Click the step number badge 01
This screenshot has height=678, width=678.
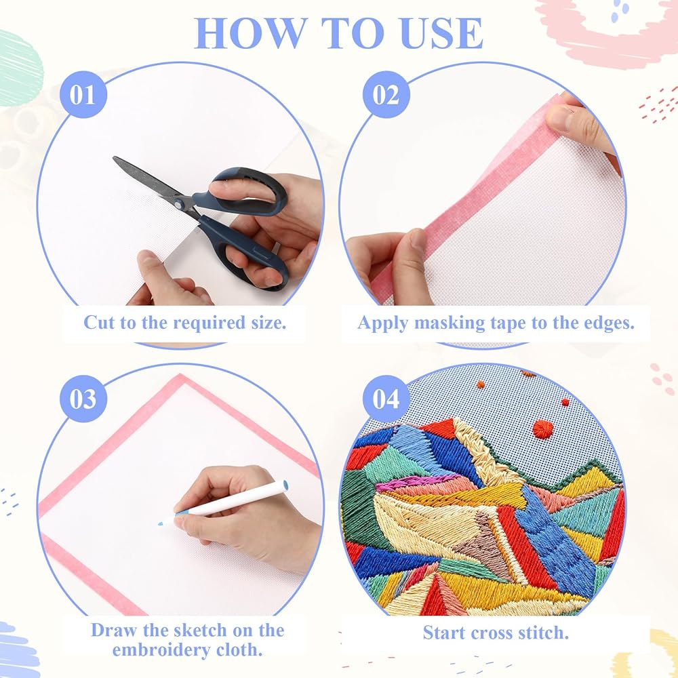(x=83, y=95)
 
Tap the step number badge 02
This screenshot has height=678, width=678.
(x=386, y=95)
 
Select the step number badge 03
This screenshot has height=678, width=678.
(x=83, y=398)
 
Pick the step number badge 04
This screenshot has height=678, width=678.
(x=386, y=398)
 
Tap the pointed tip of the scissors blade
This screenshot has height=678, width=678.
(x=115, y=158)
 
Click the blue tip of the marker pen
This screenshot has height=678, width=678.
(x=161, y=523)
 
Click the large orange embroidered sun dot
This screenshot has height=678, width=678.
(x=542, y=429)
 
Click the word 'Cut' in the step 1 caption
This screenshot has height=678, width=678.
(x=98, y=323)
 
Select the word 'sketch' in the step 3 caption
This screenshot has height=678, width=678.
(x=200, y=631)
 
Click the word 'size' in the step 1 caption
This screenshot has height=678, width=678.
(x=269, y=323)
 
